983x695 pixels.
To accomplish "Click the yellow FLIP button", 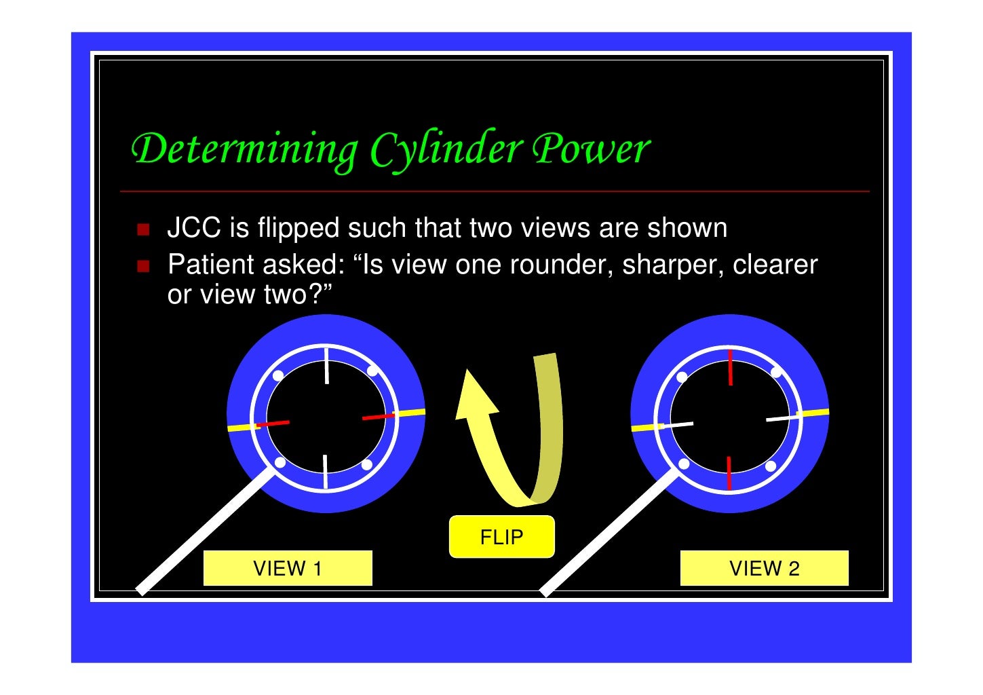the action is coord(501,536).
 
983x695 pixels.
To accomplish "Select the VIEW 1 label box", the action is coord(288,567).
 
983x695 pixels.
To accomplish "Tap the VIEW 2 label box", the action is coord(764,567).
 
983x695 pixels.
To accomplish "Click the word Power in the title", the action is coord(591,149).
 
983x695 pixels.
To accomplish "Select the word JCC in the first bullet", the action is coord(194,227).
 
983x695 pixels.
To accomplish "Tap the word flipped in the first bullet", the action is coord(298,228).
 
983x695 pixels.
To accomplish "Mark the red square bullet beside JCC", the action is coord(143,229).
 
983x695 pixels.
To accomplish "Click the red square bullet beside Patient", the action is coord(143,266).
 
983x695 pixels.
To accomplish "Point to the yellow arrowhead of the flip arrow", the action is coord(476,395).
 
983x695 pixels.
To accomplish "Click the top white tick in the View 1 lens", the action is coord(326,366).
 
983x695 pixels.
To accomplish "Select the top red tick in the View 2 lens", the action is coord(730,367).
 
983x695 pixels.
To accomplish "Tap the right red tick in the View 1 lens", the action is coord(379,416).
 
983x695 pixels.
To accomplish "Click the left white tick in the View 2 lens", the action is coord(677,425).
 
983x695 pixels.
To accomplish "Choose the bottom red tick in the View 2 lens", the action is coord(729,473).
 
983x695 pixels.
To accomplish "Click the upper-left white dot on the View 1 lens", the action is coord(278,375).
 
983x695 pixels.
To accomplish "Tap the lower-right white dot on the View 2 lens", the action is coord(771,466).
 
